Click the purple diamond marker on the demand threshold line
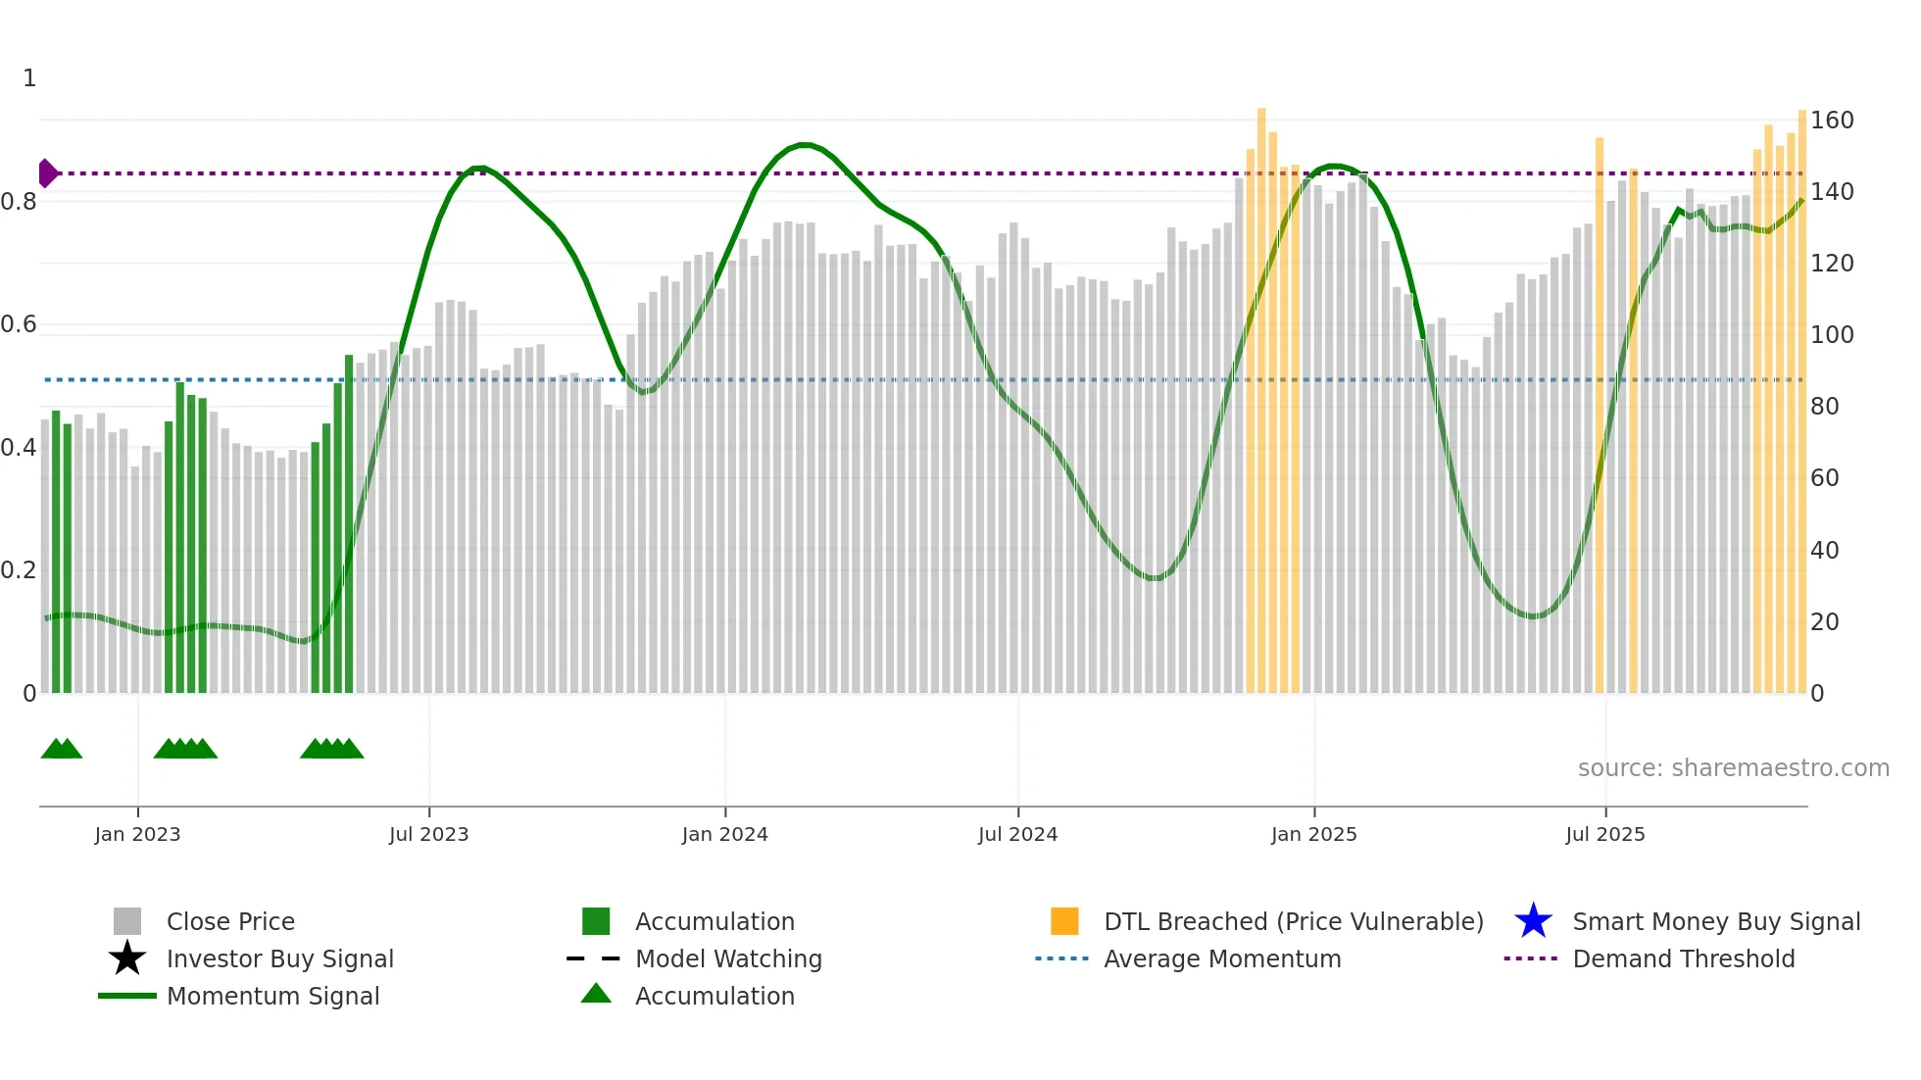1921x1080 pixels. point(47,173)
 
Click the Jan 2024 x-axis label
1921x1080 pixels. point(724,834)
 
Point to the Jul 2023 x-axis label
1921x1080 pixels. point(428,834)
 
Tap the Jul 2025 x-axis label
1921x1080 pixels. point(1604,834)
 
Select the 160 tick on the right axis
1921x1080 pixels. point(1831,121)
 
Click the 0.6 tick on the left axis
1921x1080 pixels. point(19,324)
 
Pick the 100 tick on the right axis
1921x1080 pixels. point(1831,335)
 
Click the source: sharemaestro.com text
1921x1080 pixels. point(1733,768)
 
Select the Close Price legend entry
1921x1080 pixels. point(229,921)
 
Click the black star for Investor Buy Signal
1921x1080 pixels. point(127,958)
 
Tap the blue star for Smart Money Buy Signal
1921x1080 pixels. point(1533,921)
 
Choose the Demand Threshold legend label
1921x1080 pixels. point(1683,958)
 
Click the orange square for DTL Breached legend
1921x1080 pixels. point(1064,921)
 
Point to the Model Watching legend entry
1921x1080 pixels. point(727,958)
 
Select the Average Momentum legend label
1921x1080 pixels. point(1221,958)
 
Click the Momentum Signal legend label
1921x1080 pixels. point(272,996)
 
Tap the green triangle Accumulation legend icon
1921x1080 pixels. point(596,994)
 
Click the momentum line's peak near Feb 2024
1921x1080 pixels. point(804,145)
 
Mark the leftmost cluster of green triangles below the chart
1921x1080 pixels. point(62,750)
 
